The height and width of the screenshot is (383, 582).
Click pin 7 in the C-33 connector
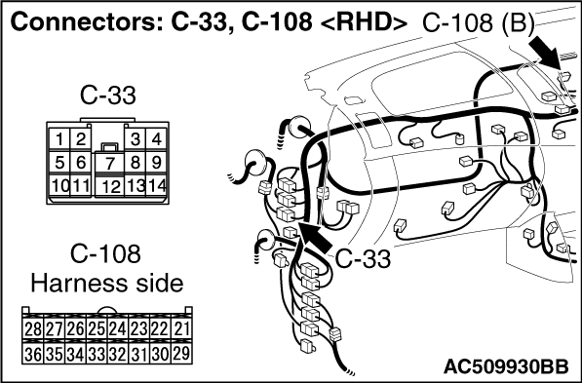click(x=109, y=163)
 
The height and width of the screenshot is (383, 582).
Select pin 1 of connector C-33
click(x=59, y=139)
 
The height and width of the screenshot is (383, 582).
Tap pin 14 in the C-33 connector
click(x=156, y=185)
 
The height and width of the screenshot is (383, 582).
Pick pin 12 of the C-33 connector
click(x=109, y=186)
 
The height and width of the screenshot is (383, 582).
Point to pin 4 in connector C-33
click(x=156, y=139)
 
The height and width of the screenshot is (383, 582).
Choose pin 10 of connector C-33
click(x=59, y=185)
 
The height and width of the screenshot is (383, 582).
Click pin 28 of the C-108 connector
click(x=33, y=328)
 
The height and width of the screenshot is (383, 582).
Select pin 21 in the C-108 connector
click(x=181, y=328)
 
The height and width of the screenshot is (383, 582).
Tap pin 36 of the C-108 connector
click(x=33, y=354)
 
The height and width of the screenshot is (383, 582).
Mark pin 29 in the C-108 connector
click(x=181, y=354)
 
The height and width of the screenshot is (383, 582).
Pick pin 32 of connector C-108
click(x=118, y=354)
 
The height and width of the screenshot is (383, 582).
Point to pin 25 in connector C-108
click(x=97, y=328)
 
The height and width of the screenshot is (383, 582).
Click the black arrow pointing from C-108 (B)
click(x=546, y=54)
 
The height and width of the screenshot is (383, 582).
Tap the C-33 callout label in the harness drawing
click(x=363, y=258)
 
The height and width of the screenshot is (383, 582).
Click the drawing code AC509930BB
click(x=506, y=366)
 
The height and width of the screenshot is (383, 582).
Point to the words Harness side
click(x=107, y=284)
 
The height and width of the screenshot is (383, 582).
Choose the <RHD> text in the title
click(x=363, y=22)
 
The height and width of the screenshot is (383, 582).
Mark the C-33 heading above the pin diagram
click(x=107, y=96)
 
